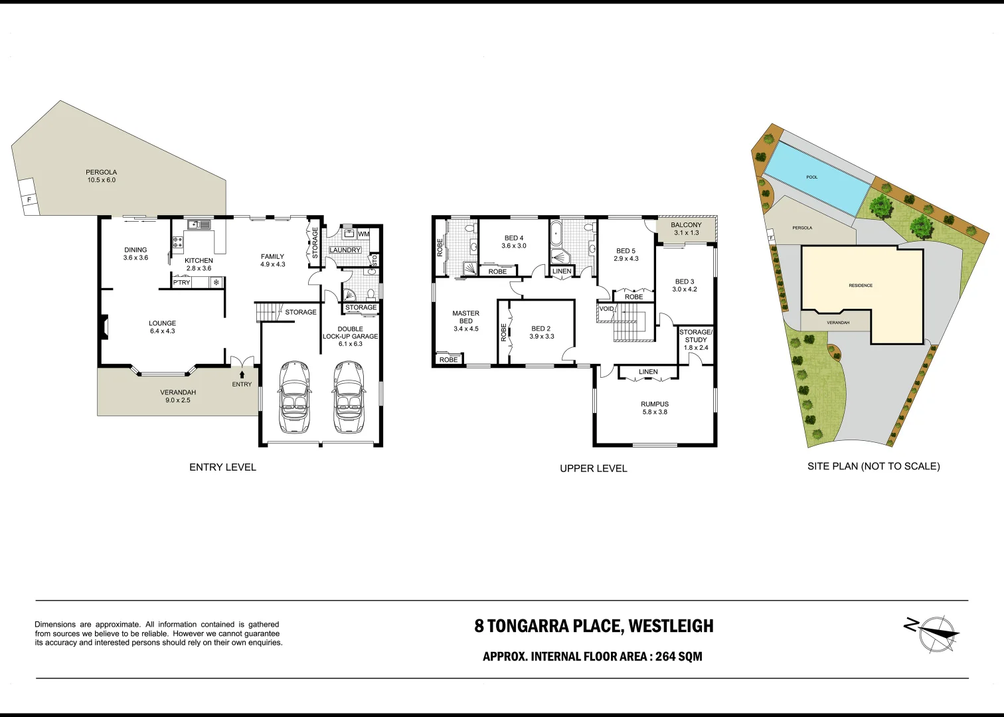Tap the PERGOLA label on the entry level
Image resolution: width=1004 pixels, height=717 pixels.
101,172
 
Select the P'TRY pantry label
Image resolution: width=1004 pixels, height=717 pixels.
181,282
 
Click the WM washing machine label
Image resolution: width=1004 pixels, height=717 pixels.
363,234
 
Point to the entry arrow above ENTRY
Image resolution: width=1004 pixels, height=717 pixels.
242,376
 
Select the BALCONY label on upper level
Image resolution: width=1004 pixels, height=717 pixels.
686,225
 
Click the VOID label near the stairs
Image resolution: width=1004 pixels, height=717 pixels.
606,309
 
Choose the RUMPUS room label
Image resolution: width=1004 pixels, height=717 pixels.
654,404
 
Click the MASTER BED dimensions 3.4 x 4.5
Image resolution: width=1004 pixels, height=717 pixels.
465,329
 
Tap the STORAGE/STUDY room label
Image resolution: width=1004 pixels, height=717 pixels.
695,336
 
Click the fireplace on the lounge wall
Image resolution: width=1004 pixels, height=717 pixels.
104,327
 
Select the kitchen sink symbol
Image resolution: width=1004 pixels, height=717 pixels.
197,224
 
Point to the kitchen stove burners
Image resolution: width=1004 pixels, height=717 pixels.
177,242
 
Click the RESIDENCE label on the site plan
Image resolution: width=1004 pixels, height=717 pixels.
861,285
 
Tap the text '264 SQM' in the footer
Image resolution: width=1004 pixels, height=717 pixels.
679,657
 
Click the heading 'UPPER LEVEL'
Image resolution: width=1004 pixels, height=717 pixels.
593,468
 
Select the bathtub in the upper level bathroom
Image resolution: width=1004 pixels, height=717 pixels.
556,234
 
